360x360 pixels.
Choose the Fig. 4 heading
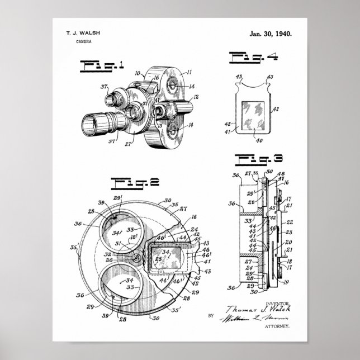pyautogui.click(x=250, y=56)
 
